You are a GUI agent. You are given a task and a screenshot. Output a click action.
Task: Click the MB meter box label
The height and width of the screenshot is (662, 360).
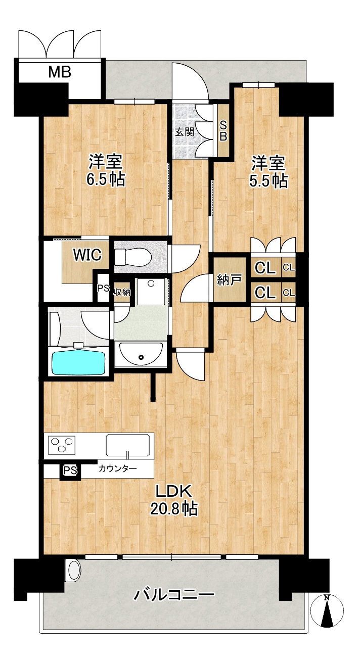coord(60,72)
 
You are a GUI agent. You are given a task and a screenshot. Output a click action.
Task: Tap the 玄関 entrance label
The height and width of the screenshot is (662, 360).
coord(185,132)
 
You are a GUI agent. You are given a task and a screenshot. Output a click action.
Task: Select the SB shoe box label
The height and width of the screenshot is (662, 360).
coord(223,131)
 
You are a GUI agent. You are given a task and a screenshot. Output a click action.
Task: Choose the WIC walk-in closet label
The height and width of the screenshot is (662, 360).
coord(87,255)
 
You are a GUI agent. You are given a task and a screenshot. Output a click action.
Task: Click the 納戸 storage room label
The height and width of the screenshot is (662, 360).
coord(229,279)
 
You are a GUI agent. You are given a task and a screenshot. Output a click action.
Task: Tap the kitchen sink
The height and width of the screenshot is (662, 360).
coord(128,445)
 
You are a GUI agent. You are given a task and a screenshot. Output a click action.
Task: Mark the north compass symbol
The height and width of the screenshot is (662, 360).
coord(327,610)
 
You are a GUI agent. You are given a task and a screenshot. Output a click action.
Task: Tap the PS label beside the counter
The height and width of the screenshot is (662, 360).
coord(70,470)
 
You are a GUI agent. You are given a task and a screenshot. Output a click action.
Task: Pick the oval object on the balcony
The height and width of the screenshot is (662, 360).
coord(74,571)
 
